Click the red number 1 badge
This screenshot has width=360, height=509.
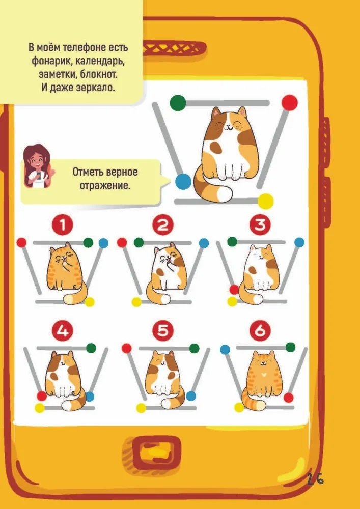(x=63, y=225)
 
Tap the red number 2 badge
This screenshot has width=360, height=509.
(x=163, y=225)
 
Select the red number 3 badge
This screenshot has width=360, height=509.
(x=260, y=224)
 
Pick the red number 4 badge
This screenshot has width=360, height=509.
(x=63, y=331)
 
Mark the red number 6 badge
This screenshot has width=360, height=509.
(x=260, y=330)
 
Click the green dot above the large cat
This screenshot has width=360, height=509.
(x=178, y=103)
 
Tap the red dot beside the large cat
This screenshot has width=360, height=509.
(x=290, y=103)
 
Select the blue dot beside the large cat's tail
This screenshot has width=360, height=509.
(x=183, y=182)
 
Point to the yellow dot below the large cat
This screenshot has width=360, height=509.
(x=265, y=201)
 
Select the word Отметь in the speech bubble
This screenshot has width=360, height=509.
(x=87, y=172)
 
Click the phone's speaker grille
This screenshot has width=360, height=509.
(x=174, y=48)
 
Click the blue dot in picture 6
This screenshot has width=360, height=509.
(x=225, y=350)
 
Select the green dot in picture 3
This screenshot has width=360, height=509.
(x=232, y=241)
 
